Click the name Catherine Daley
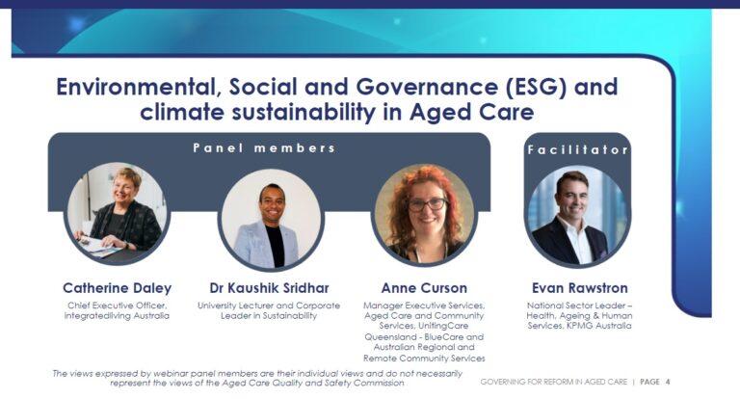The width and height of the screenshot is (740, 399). point(117,288)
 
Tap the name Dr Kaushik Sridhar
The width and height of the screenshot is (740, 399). point(269,288)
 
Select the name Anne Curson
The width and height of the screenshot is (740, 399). point(424,288)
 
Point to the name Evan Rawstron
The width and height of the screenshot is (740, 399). point(579,288)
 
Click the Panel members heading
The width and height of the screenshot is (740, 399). point(264,148)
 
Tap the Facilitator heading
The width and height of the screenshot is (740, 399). point(578,150)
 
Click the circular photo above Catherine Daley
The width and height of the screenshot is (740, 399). point(117,213)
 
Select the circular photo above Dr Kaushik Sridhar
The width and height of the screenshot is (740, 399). point(271,220)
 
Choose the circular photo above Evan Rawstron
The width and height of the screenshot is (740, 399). point(578,216)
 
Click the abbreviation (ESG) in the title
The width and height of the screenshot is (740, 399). point(536,88)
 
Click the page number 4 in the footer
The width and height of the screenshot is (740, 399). point(668,382)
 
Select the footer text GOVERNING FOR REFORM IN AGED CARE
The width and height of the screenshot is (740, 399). point(554,382)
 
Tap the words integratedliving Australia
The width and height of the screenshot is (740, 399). point(117,315)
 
